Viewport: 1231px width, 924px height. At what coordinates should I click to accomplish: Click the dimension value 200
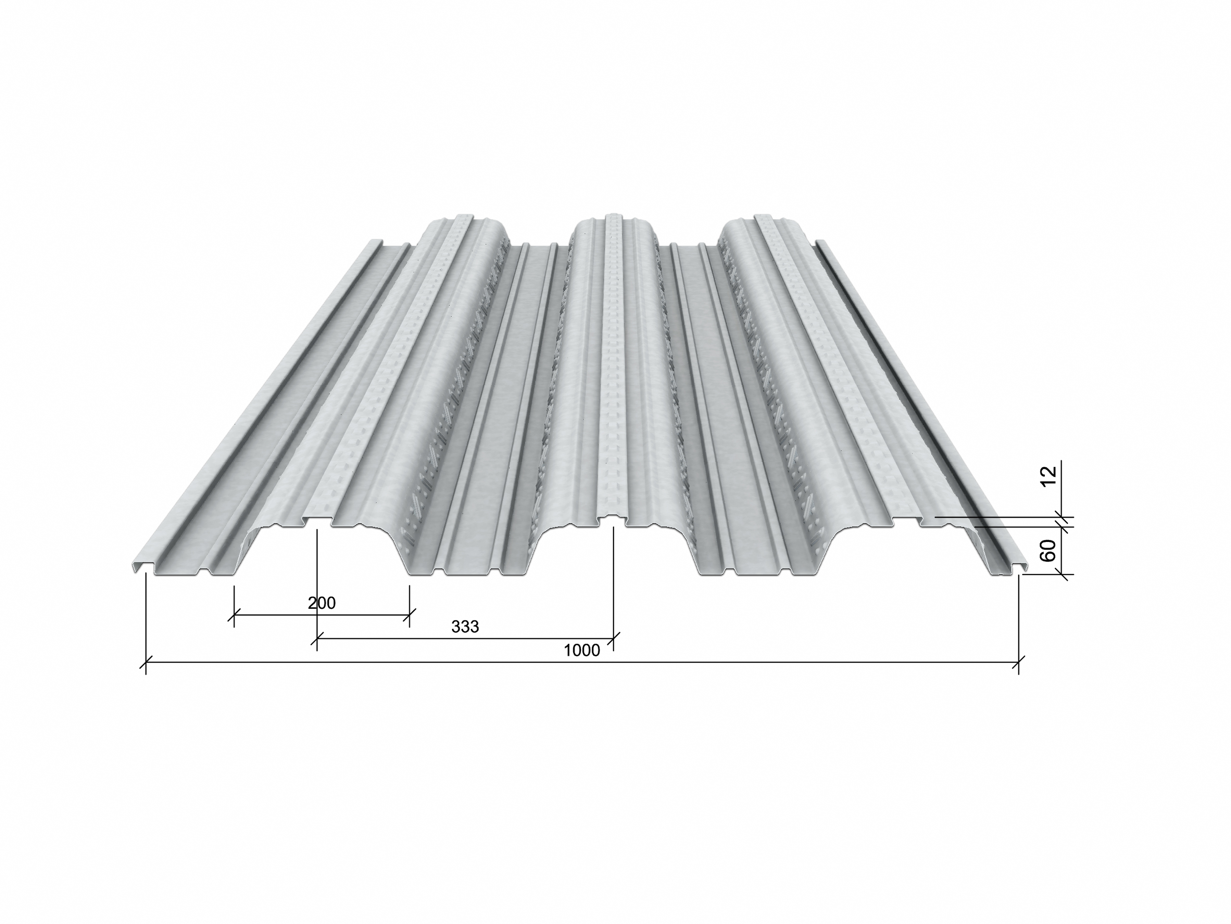[x=322, y=603]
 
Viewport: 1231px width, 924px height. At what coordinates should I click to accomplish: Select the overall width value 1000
[x=581, y=650]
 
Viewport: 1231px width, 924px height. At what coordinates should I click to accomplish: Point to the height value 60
[x=1048, y=551]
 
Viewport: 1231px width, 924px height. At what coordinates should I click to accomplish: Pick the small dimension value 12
[x=1048, y=476]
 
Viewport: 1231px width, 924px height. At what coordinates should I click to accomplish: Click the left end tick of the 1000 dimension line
[x=146, y=662]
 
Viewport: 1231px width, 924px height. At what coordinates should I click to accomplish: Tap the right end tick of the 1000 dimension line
[x=1018, y=662]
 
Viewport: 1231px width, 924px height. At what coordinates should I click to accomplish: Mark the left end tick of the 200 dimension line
[x=234, y=615]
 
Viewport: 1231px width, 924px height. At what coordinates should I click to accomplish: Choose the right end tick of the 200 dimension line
[x=409, y=615]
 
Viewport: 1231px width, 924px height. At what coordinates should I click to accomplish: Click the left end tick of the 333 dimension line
[x=317, y=638]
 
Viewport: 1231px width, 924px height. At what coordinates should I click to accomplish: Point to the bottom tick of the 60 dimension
[x=1062, y=574]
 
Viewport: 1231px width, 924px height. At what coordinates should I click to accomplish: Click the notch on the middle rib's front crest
[x=612, y=519]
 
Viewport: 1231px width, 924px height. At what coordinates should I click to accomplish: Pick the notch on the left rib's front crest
[x=317, y=521]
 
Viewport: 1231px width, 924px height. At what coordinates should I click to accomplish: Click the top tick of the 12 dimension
[x=1062, y=517]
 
